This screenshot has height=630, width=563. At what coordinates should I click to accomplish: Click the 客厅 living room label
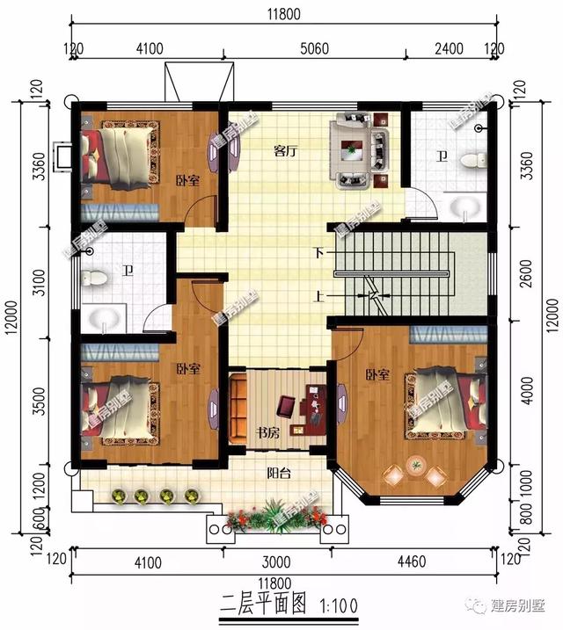pos(282,151)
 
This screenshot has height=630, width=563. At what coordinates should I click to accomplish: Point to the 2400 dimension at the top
pos(450,48)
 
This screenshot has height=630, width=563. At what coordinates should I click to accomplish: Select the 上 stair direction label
pos(318,296)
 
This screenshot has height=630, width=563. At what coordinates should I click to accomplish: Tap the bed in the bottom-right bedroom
pos(444,400)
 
